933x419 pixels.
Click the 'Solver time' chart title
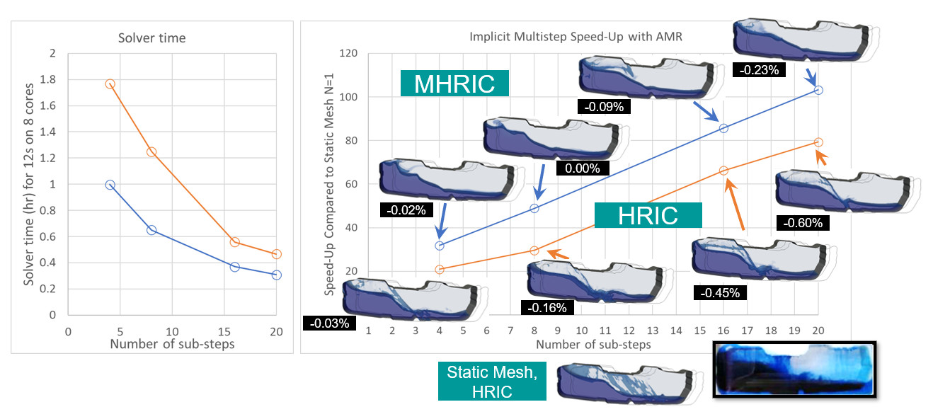(151, 38)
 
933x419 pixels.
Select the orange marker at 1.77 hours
(110, 84)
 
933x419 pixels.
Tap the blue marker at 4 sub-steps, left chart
(110, 185)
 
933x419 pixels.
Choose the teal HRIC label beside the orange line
(648, 216)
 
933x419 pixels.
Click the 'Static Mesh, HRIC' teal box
(491, 382)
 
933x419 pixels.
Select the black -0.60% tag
(802, 223)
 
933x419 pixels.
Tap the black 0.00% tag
(582, 169)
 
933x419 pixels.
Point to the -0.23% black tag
(759, 70)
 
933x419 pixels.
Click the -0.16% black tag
(546, 307)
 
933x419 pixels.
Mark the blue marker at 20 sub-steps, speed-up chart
(818, 90)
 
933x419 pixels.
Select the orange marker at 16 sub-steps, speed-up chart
(723, 171)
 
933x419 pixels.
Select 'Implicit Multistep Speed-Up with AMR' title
(576, 37)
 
